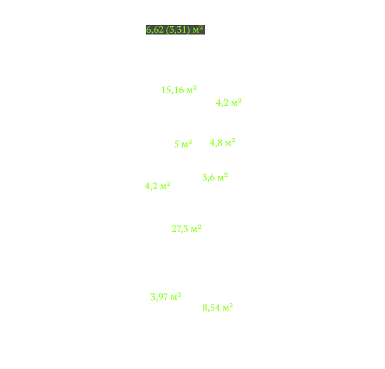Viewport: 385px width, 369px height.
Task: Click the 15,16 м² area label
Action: pyautogui.click(x=179, y=90)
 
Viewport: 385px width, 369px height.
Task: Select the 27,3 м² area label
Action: pyautogui.click(x=186, y=229)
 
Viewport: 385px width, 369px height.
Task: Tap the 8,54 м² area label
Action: pyautogui.click(x=218, y=307)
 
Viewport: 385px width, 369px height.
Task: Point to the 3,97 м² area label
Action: pyautogui.click(x=166, y=297)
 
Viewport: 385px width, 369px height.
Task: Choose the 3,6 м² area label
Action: pyautogui.click(x=215, y=177)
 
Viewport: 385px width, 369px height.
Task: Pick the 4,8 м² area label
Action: pyautogui.click(x=222, y=142)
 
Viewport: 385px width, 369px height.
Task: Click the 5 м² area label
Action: pyautogui.click(x=183, y=144)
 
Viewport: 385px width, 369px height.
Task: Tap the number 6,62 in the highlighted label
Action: pyautogui.click(x=155, y=30)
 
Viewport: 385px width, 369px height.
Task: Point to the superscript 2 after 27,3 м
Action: pyautogui.click(x=200, y=226)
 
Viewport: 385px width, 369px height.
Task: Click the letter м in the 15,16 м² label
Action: pyautogui.click(x=189, y=91)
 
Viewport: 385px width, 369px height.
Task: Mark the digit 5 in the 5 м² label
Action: pyautogui.click(x=177, y=144)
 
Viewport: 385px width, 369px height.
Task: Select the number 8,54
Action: pyautogui.click(x=211, y=308)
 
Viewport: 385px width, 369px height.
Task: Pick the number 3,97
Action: pyautogui.click(x=159, y=297)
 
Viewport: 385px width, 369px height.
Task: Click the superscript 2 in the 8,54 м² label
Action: pyautogui.click(x=231, y=305)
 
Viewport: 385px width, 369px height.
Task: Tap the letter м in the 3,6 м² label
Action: pyautogui.click(x=220, y=178)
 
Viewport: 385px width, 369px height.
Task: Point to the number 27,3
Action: pyautogui.click(x=180, y=229)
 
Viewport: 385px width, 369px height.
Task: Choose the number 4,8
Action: pyautogui.click(x=216, y=143)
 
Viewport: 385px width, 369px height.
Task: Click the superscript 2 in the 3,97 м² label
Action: pyautogui.click(x=179, y=295)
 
